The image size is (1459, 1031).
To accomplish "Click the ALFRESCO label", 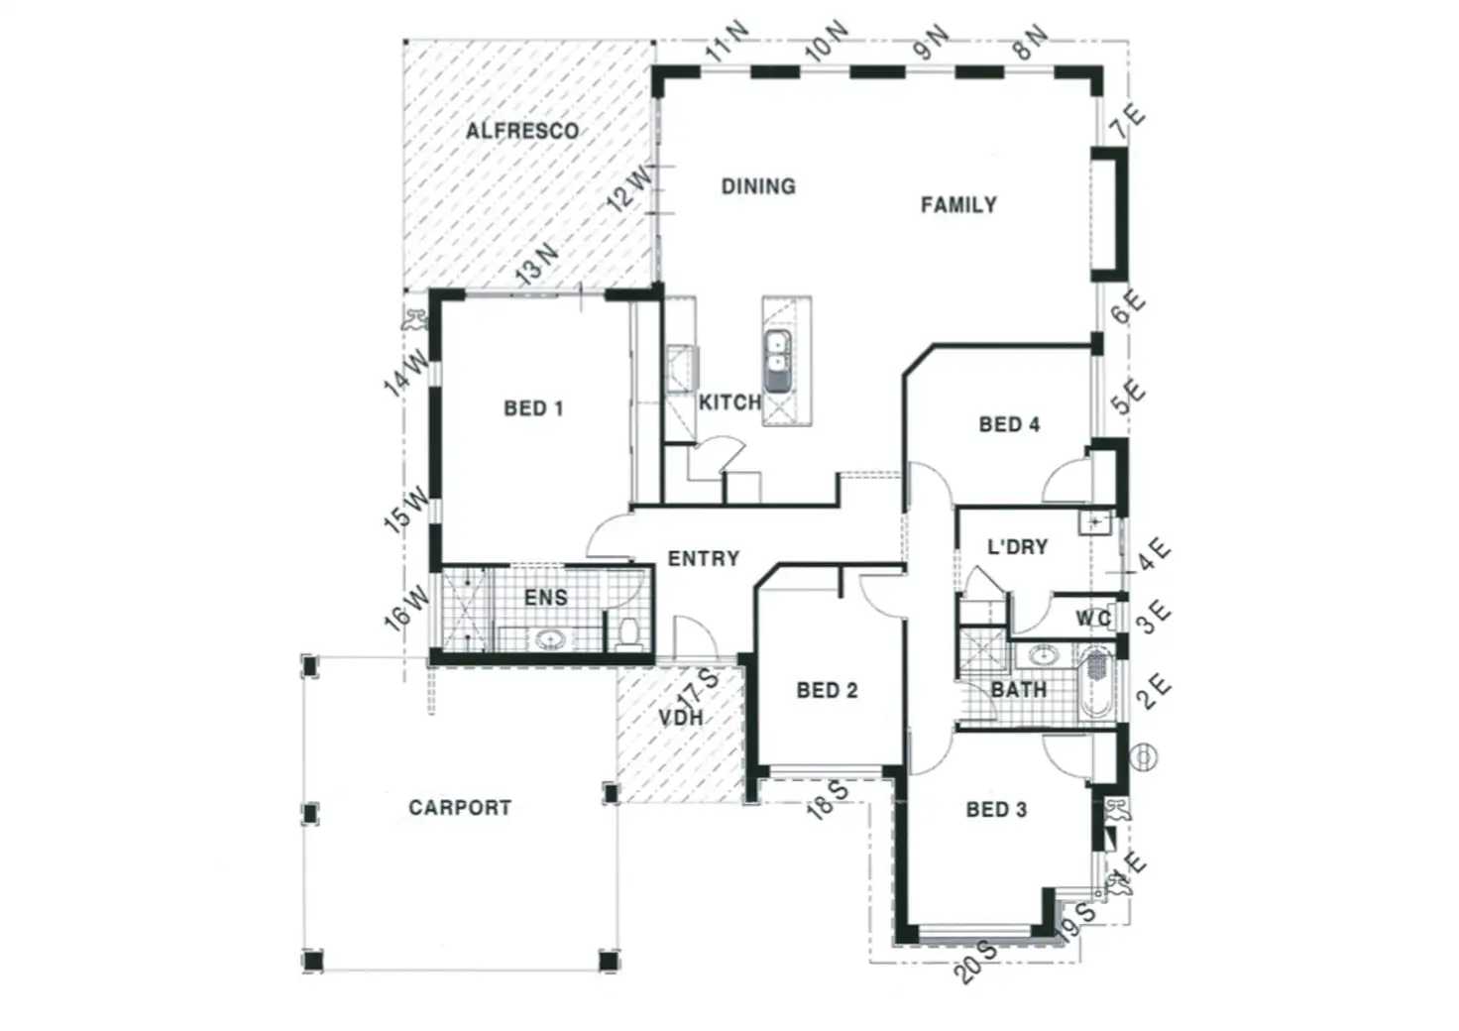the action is click(522, 131).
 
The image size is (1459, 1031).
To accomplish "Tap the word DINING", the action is click(758, 186).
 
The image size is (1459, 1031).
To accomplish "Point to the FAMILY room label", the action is click(958, 205).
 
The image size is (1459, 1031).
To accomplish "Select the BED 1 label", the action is click(533, 408).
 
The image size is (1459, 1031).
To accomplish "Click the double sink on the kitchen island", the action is click(778, 362).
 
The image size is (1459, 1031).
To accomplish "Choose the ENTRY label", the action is click(704, 559).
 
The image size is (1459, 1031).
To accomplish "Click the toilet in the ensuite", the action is click(628, 632).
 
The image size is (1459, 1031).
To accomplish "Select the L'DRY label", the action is click(1018, 546).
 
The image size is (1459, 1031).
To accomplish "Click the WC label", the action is click(1093, 619).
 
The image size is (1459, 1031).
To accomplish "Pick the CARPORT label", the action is click(460, 808).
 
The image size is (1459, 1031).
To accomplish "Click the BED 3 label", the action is click(996, 810).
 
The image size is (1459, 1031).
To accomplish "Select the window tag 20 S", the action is click(977, 962).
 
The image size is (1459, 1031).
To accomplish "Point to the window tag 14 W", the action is click(406, 373).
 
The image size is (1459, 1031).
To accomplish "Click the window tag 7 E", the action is click(1127, 123).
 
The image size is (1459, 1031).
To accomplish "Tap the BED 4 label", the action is click(1009, 424).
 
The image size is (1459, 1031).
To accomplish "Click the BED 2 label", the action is click(827, 690).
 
